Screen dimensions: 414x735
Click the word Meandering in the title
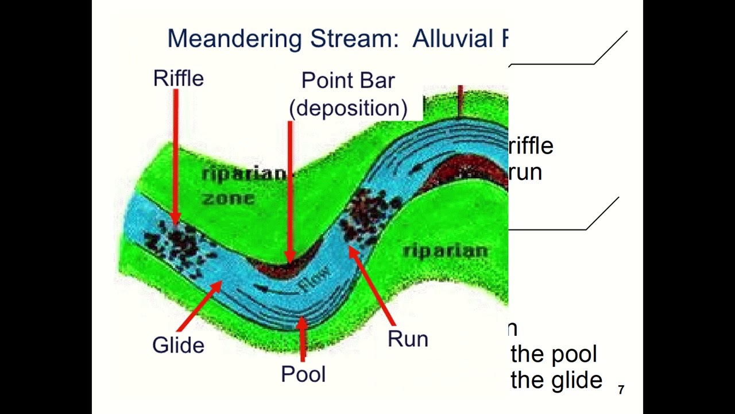pyautogui.click(x=234, y=39)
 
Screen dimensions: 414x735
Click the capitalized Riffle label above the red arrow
pyautogui.click(x=179, y=79)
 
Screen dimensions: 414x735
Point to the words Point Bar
pyautogui.click(x=348, y=80)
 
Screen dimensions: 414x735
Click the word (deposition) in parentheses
pyautogui.click(x=348, y=108)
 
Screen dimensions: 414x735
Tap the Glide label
pyautogui.click(x=178, y=345)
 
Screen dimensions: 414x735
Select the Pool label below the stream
pyautogui.click(x=303, y=374)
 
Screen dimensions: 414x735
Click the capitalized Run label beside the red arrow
pyautogui.click(x=408, y=339)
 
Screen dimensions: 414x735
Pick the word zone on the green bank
pyautogui.click(x=228, y=199)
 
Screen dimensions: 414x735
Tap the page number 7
pyautogui.click(x=621, y=390)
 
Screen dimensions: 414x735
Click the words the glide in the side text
pyautogui.click(x=556, y=380)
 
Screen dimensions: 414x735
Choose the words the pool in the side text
pyautogui.click(x=554, y=354)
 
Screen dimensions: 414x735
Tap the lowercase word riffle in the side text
pyautogui.click(x=531, y=146)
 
